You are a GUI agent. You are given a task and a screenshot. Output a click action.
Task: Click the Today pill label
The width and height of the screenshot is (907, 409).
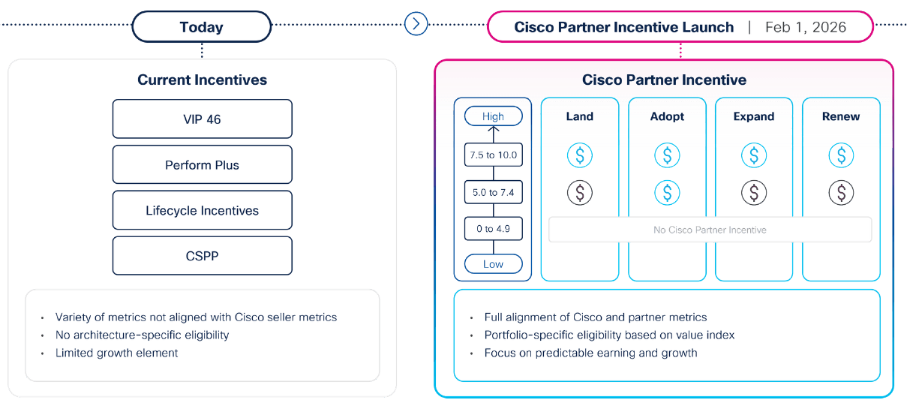click(201, 27)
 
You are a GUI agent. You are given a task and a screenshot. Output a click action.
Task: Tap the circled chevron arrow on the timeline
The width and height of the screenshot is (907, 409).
click(416, 24)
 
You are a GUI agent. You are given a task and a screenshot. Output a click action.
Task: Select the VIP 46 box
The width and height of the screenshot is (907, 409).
click(202, 119)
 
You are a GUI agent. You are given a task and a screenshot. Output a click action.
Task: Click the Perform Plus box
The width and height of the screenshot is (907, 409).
click(202, 164)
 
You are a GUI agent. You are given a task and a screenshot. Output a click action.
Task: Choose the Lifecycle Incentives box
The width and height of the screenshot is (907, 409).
click(202, 210)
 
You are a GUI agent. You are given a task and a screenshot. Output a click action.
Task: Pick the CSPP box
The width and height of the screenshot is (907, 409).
click(202, 256)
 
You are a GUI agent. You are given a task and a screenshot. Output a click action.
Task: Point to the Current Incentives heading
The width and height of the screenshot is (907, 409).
click(202, 80)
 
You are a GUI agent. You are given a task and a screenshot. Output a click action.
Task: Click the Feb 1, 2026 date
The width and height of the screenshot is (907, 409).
click(805, 27)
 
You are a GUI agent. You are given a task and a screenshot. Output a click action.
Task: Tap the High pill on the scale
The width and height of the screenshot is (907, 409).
click(493, 116)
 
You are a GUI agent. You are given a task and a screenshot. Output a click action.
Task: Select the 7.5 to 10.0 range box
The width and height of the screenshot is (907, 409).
click(493, 155)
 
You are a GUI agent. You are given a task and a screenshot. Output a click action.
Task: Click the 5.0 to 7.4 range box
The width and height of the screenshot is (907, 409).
click(493, 192)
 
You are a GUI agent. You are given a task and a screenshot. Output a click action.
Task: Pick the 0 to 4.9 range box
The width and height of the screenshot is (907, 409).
click(493, 228)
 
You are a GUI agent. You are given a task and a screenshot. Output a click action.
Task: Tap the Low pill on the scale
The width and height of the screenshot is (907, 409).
click(493, 264)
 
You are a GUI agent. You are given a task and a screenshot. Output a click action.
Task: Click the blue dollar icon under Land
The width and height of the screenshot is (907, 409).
click(579, 155)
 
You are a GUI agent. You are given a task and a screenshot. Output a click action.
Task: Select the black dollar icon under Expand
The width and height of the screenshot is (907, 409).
click(754, 193)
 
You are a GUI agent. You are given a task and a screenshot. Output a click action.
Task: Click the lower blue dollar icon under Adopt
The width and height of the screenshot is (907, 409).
click(667, 193)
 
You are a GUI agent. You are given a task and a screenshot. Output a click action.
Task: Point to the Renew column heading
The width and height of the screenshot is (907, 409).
click(841, 116)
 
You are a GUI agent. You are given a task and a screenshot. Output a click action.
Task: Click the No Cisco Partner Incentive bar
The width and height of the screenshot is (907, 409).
click(710, 230)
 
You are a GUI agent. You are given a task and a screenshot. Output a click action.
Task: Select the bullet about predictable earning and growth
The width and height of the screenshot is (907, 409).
click(590, 353)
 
